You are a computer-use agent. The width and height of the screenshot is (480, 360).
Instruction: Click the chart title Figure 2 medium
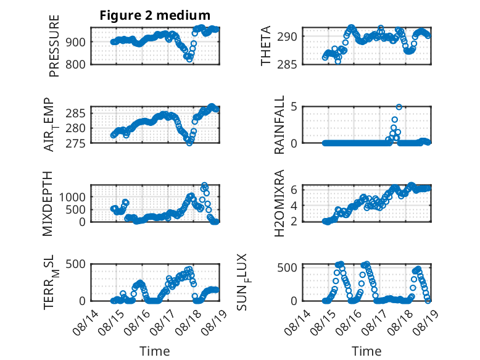pyautogui.click(x=155, y=15)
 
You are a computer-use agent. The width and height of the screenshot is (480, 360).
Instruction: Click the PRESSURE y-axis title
pyautogui.click(x=54, y=46)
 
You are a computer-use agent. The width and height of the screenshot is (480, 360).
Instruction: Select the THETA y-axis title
pyautogui.click(x=266, y=46)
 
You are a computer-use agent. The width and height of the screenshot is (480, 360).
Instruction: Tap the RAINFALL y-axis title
pyautogui.click(x=279, y=125)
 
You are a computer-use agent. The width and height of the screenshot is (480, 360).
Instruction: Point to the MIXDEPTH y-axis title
pyautogui.click(x=48, y=204)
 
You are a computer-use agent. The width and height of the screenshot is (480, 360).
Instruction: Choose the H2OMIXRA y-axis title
pyautogui.click(x=279, y=203)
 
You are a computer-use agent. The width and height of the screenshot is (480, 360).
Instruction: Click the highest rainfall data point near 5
pyautogui.click(x=399, y=107)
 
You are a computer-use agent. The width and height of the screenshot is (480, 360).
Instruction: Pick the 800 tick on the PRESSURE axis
pyautogui.click(x=75, y=65)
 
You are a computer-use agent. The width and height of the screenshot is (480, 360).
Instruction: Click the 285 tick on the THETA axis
pyautogui.click(x=287, y=65)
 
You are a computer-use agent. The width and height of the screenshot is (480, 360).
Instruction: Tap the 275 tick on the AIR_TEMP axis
pyautogui.click(x=75, y=143)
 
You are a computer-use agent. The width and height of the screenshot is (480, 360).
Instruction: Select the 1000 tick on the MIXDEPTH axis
pyautogui.click(x=72, y=197)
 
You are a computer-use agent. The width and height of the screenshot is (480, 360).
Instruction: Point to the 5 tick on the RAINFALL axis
pyautogui.click(x=294, y=107)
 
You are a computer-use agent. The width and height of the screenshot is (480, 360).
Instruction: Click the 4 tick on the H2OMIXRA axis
pyautogui.click(x=294, y=205)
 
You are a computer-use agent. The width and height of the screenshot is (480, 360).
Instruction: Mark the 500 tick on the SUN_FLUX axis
pyautogui.click(x=287, y=267)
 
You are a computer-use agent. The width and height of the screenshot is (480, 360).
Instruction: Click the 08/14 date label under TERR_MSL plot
pyautogui.click(x=86, y=322)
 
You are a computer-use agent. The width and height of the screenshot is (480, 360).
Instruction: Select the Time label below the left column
pyautogui.click(x=155, y=351)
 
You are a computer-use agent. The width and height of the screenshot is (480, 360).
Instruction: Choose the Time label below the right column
pyautogui.click(x=366, y=351)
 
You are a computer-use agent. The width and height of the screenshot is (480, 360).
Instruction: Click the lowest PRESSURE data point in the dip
pyautogui.click(x=190, y=59)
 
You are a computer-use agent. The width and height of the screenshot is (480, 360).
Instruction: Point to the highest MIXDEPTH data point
pyautogui.click(x=204, y=185)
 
